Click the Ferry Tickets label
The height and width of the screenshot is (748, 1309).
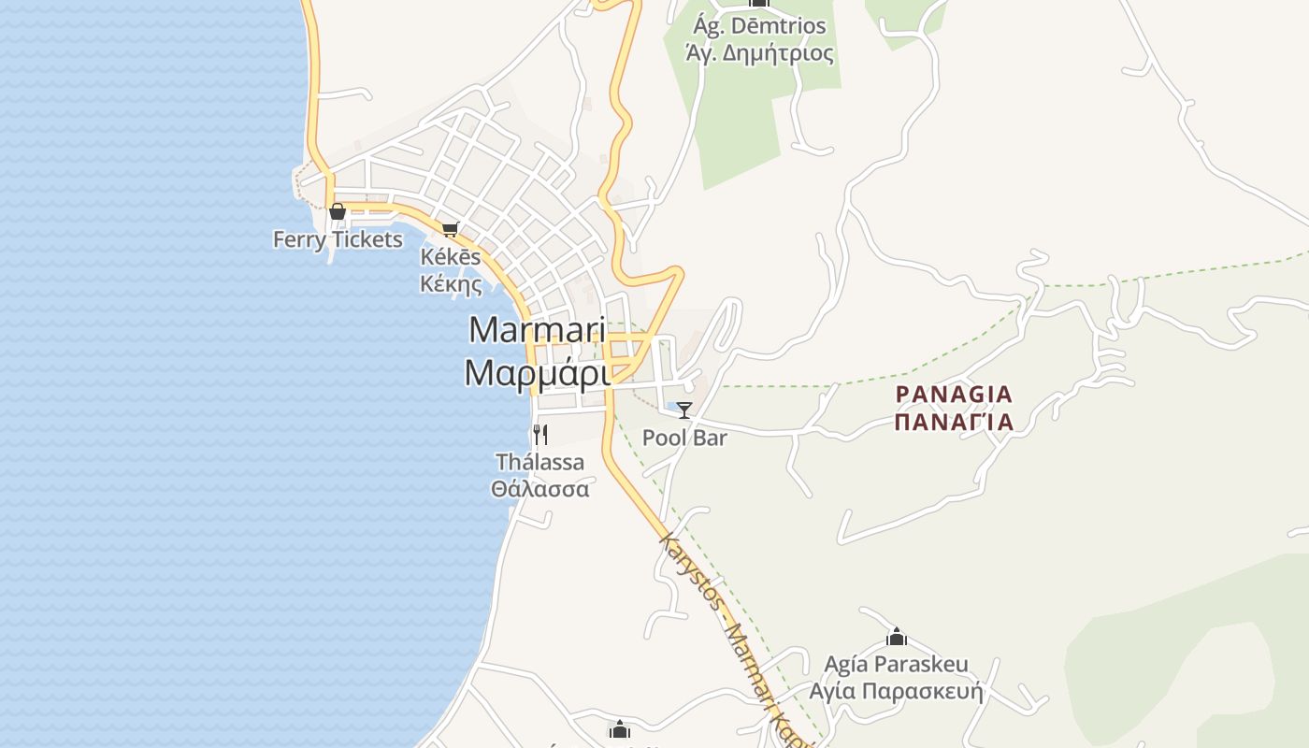tap(338, 239)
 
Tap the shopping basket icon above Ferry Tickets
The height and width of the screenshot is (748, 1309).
tap(338, 212)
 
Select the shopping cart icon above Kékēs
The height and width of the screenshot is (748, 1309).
tap(451, 229)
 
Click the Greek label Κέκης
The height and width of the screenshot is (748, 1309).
tap(451, 283)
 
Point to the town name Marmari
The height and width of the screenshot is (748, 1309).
tap(537, 330)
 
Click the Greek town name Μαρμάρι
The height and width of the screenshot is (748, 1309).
tap(537, 373)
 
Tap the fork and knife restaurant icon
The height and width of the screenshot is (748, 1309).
tap(539, 434)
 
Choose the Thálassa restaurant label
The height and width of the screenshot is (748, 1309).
tap(539, 462)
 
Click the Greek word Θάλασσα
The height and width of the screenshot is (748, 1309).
tap(539, 488)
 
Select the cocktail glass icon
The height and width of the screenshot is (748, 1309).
tap(684, 410)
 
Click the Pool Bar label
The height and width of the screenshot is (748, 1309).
tap(684, 437)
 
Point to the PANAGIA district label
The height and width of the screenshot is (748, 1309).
tap(954, 395)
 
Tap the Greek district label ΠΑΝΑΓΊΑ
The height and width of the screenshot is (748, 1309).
tap(954, 422)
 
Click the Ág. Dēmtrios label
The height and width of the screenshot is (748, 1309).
tap(759, 25)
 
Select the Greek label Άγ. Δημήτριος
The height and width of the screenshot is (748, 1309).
tap(759, 52)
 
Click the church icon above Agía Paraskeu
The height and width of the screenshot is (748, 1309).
tap(897, 638)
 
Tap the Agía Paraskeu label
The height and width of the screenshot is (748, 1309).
tap(896, 665)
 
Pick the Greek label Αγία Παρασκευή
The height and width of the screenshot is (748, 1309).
tap(896, 692)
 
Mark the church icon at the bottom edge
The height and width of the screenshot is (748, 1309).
tap(619, 730)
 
